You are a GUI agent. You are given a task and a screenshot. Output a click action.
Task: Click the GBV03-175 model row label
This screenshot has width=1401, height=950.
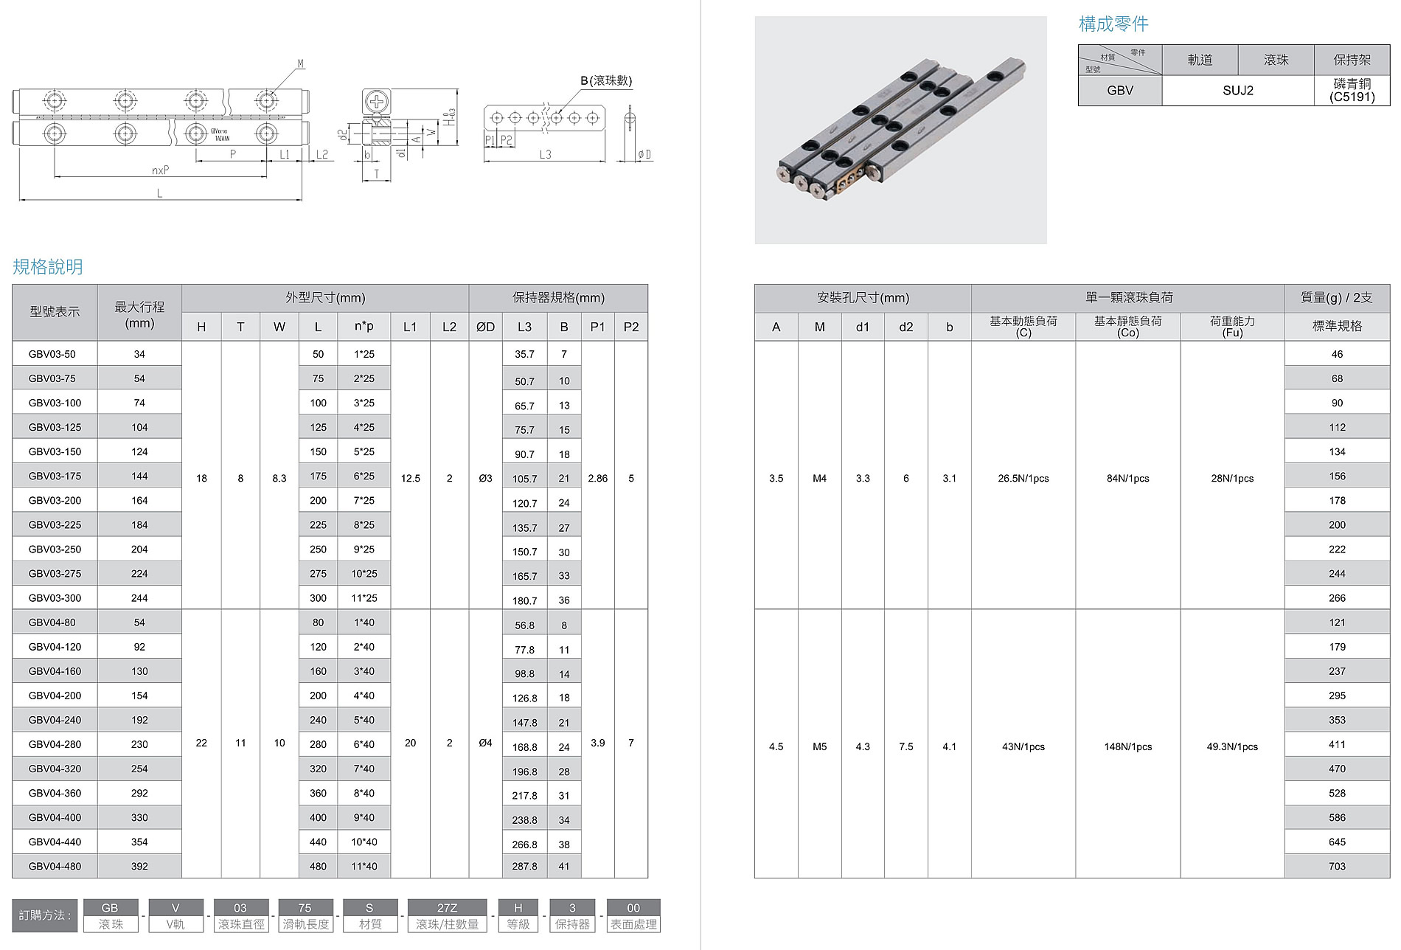point(55,476)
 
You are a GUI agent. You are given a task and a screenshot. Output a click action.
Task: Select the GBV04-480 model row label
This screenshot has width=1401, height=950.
point(55,866)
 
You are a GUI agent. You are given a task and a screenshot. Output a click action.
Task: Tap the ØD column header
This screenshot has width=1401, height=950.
point(485,327)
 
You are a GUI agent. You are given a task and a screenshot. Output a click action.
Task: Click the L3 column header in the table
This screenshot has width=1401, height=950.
point(524,327)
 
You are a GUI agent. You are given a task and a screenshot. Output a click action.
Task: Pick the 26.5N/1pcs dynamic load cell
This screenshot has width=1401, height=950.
point(1023,478)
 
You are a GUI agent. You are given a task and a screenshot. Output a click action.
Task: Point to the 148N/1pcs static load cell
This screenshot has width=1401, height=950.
point(1127,746)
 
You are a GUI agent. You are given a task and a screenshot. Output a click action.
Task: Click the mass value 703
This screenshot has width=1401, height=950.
point(1337,866)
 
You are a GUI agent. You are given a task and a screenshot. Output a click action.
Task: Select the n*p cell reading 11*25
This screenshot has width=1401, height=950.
point(364,597)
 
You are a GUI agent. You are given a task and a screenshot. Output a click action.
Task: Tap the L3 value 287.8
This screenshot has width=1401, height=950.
point(524,867)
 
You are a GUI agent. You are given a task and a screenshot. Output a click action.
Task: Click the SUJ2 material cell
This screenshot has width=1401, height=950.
point(1237,91)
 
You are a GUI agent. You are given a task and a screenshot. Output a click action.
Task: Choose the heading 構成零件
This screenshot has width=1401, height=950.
point(1113,24)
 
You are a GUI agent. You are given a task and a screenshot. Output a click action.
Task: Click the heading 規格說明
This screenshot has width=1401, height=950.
point(48,266)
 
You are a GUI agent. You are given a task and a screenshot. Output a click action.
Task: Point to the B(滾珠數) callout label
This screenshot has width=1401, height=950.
point(606,80)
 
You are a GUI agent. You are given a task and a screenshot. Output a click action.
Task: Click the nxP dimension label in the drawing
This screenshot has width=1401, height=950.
point(160,170)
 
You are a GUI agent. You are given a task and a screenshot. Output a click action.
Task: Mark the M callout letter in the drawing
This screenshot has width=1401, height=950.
point(301,64)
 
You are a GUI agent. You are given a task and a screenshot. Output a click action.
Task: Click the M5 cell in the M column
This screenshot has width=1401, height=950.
point(819,746)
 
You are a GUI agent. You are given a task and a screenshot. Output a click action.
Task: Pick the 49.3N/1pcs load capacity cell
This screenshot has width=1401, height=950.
point(1232,746)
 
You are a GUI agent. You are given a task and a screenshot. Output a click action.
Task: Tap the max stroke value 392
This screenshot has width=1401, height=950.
point(139,866)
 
